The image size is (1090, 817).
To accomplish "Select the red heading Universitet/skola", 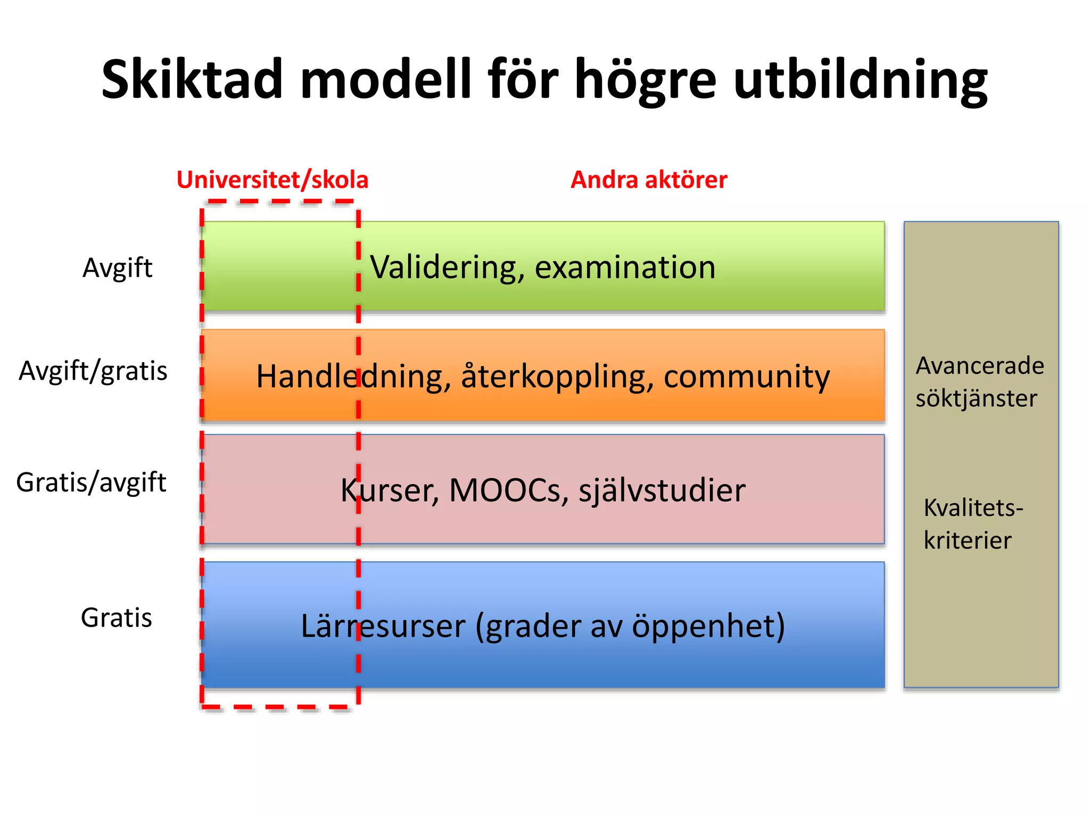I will pyautogui.click(x=272, y=180).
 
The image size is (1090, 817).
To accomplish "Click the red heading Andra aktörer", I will pyautogui.click(x=648, y=180).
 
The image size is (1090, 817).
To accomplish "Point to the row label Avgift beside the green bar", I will pyautogui.click(x=117, y=268).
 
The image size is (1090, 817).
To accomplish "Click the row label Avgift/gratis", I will pyautogui.click(x=93, y=371).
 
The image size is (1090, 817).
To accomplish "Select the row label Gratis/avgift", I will pyautogui.click(x=91, y=482).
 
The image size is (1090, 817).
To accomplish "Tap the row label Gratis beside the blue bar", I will pyautogui.click(x=116, y=618).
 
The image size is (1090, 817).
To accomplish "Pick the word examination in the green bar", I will pyautogui.click(x=625, y=268).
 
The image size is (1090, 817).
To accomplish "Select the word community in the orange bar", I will pyautogui.click(x=746, y=377).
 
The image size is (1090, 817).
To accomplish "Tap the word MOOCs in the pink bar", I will pyautogui.click(x=505, y=490).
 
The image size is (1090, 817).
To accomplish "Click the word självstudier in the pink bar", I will pyautogui.click(x=662, y=490).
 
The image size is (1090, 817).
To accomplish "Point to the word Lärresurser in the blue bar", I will pyautogui.click(x=383, y=626).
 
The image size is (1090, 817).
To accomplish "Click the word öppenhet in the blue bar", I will pyautogui.click(x=708, y=626).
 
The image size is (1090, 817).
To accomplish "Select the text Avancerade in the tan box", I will pyautogui.click(x=980, y=366).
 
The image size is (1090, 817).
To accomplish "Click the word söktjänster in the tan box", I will pyautogui.click(x=976, y=398).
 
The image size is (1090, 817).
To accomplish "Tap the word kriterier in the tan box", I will pyautogui.click(x=967, y=540).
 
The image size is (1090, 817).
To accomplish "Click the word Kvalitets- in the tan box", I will pyautogui.click(x=973, y=508).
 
